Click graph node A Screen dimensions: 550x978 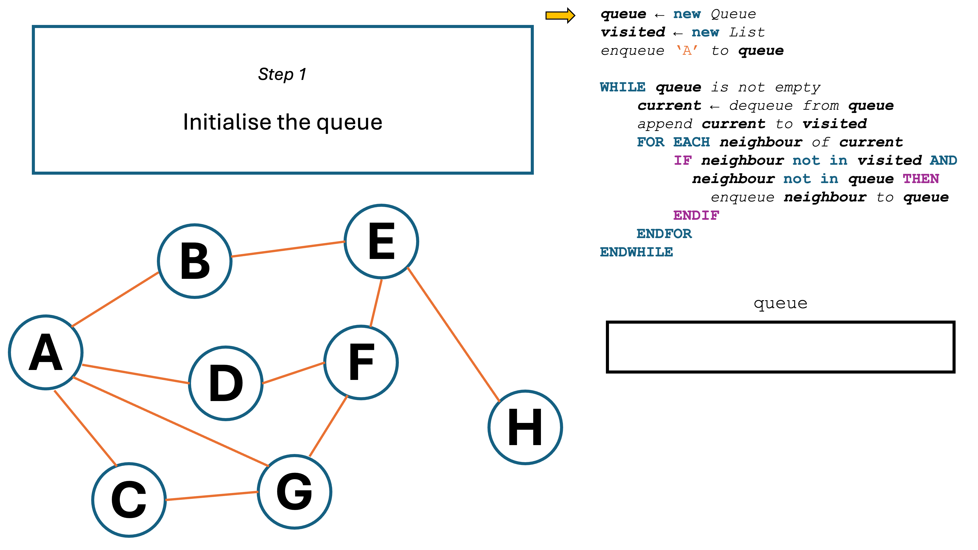(x=46, y=352)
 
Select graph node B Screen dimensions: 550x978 (x=195, y=261)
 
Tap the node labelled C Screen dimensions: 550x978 (x=129, y=500)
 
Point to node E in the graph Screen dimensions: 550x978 (x=382, y=241)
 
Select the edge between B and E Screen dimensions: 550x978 (x=288, y=249)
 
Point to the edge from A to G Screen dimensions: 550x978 (x=171, y=422)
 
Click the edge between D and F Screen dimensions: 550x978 (x=293, y=373)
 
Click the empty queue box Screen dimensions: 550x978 (x=780, y=347)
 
